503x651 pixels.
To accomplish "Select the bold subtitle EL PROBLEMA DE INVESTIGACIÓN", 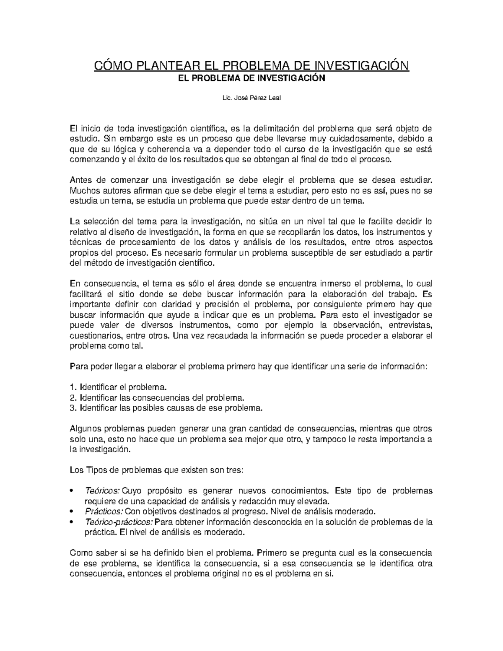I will [251, 78].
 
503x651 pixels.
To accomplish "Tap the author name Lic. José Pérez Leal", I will [251, 98].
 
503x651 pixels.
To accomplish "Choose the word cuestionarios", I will [96, 336].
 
